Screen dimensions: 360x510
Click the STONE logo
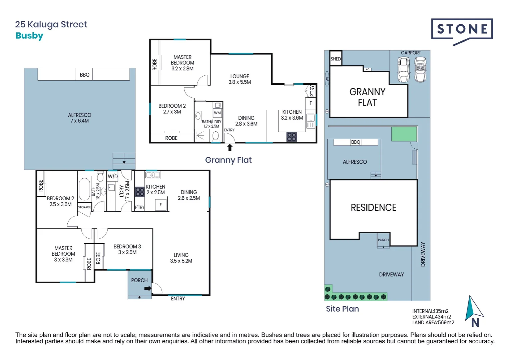462,30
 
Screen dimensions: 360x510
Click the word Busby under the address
29,36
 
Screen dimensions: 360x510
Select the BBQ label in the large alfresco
84,75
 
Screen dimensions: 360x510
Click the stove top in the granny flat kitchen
292,137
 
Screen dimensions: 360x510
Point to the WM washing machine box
217,113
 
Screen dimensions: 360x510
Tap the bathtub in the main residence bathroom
84,189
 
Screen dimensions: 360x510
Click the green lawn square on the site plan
404,134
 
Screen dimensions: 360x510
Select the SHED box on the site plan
336,59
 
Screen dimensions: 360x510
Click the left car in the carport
404,70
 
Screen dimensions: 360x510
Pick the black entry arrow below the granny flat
229,147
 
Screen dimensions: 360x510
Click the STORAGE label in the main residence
84,207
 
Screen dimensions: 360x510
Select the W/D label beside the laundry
113,176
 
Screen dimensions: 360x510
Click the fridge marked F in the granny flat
311,103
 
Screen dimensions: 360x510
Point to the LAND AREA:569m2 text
433,322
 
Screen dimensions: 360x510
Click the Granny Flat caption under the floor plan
228,160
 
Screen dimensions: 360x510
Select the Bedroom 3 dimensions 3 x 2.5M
127,252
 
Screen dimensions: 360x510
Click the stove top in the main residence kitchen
140,192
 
